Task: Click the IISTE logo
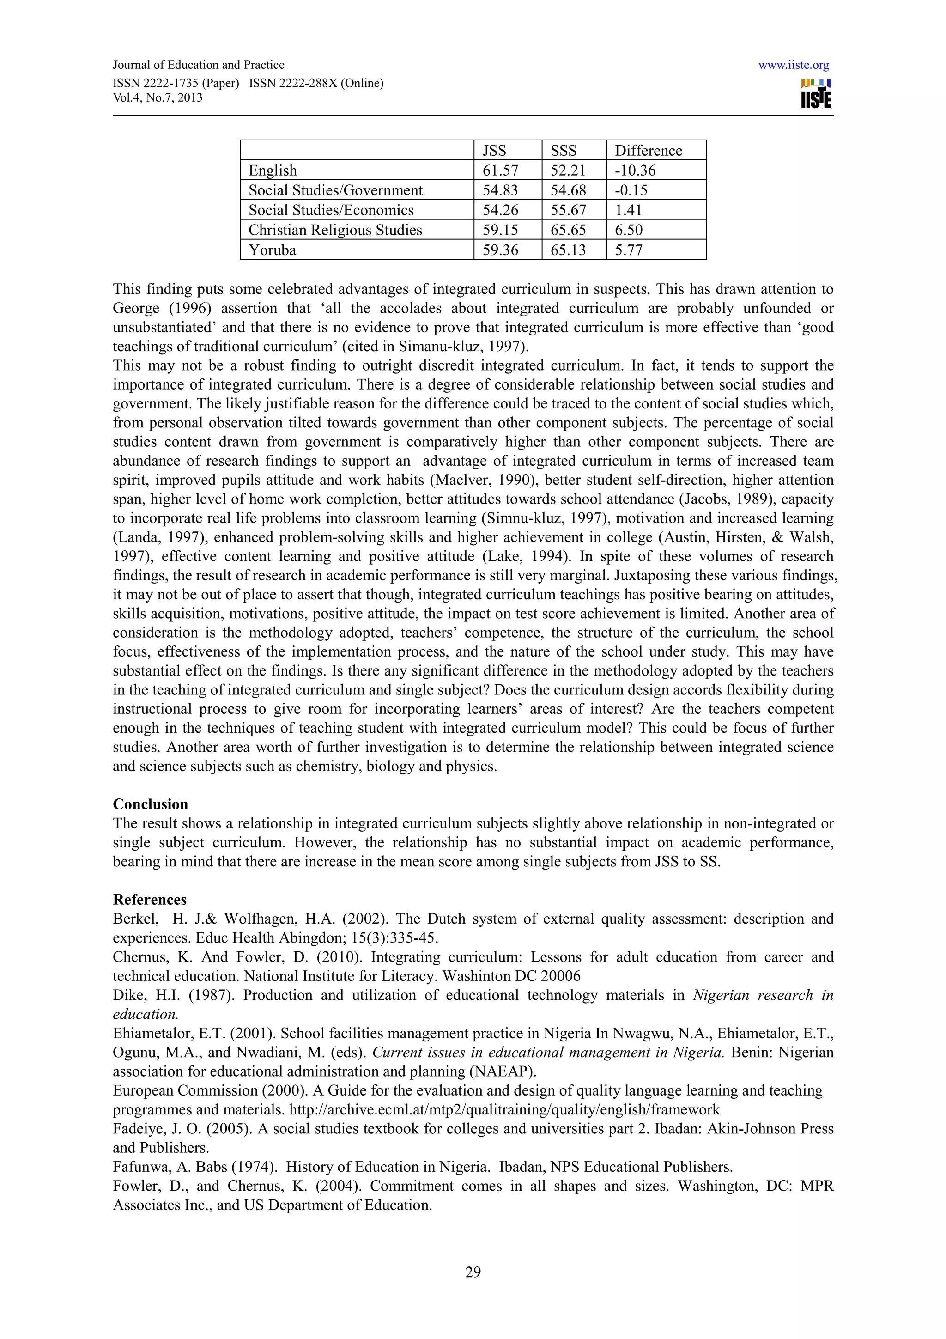pos(816,94)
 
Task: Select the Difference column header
pos(648,151)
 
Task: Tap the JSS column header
pos(494,151)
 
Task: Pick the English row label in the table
pos(273,170)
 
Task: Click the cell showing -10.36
pos(635,170)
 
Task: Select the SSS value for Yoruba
pos(568,250)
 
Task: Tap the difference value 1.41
pos(628,210)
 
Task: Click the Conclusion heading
pos(151,804)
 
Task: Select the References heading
pos(150,899)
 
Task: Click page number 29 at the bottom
pos(473,1272)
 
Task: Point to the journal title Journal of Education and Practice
pos(198,65)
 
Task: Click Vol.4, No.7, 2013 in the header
pos(158,97)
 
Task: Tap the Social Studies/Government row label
pos(335,190)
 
